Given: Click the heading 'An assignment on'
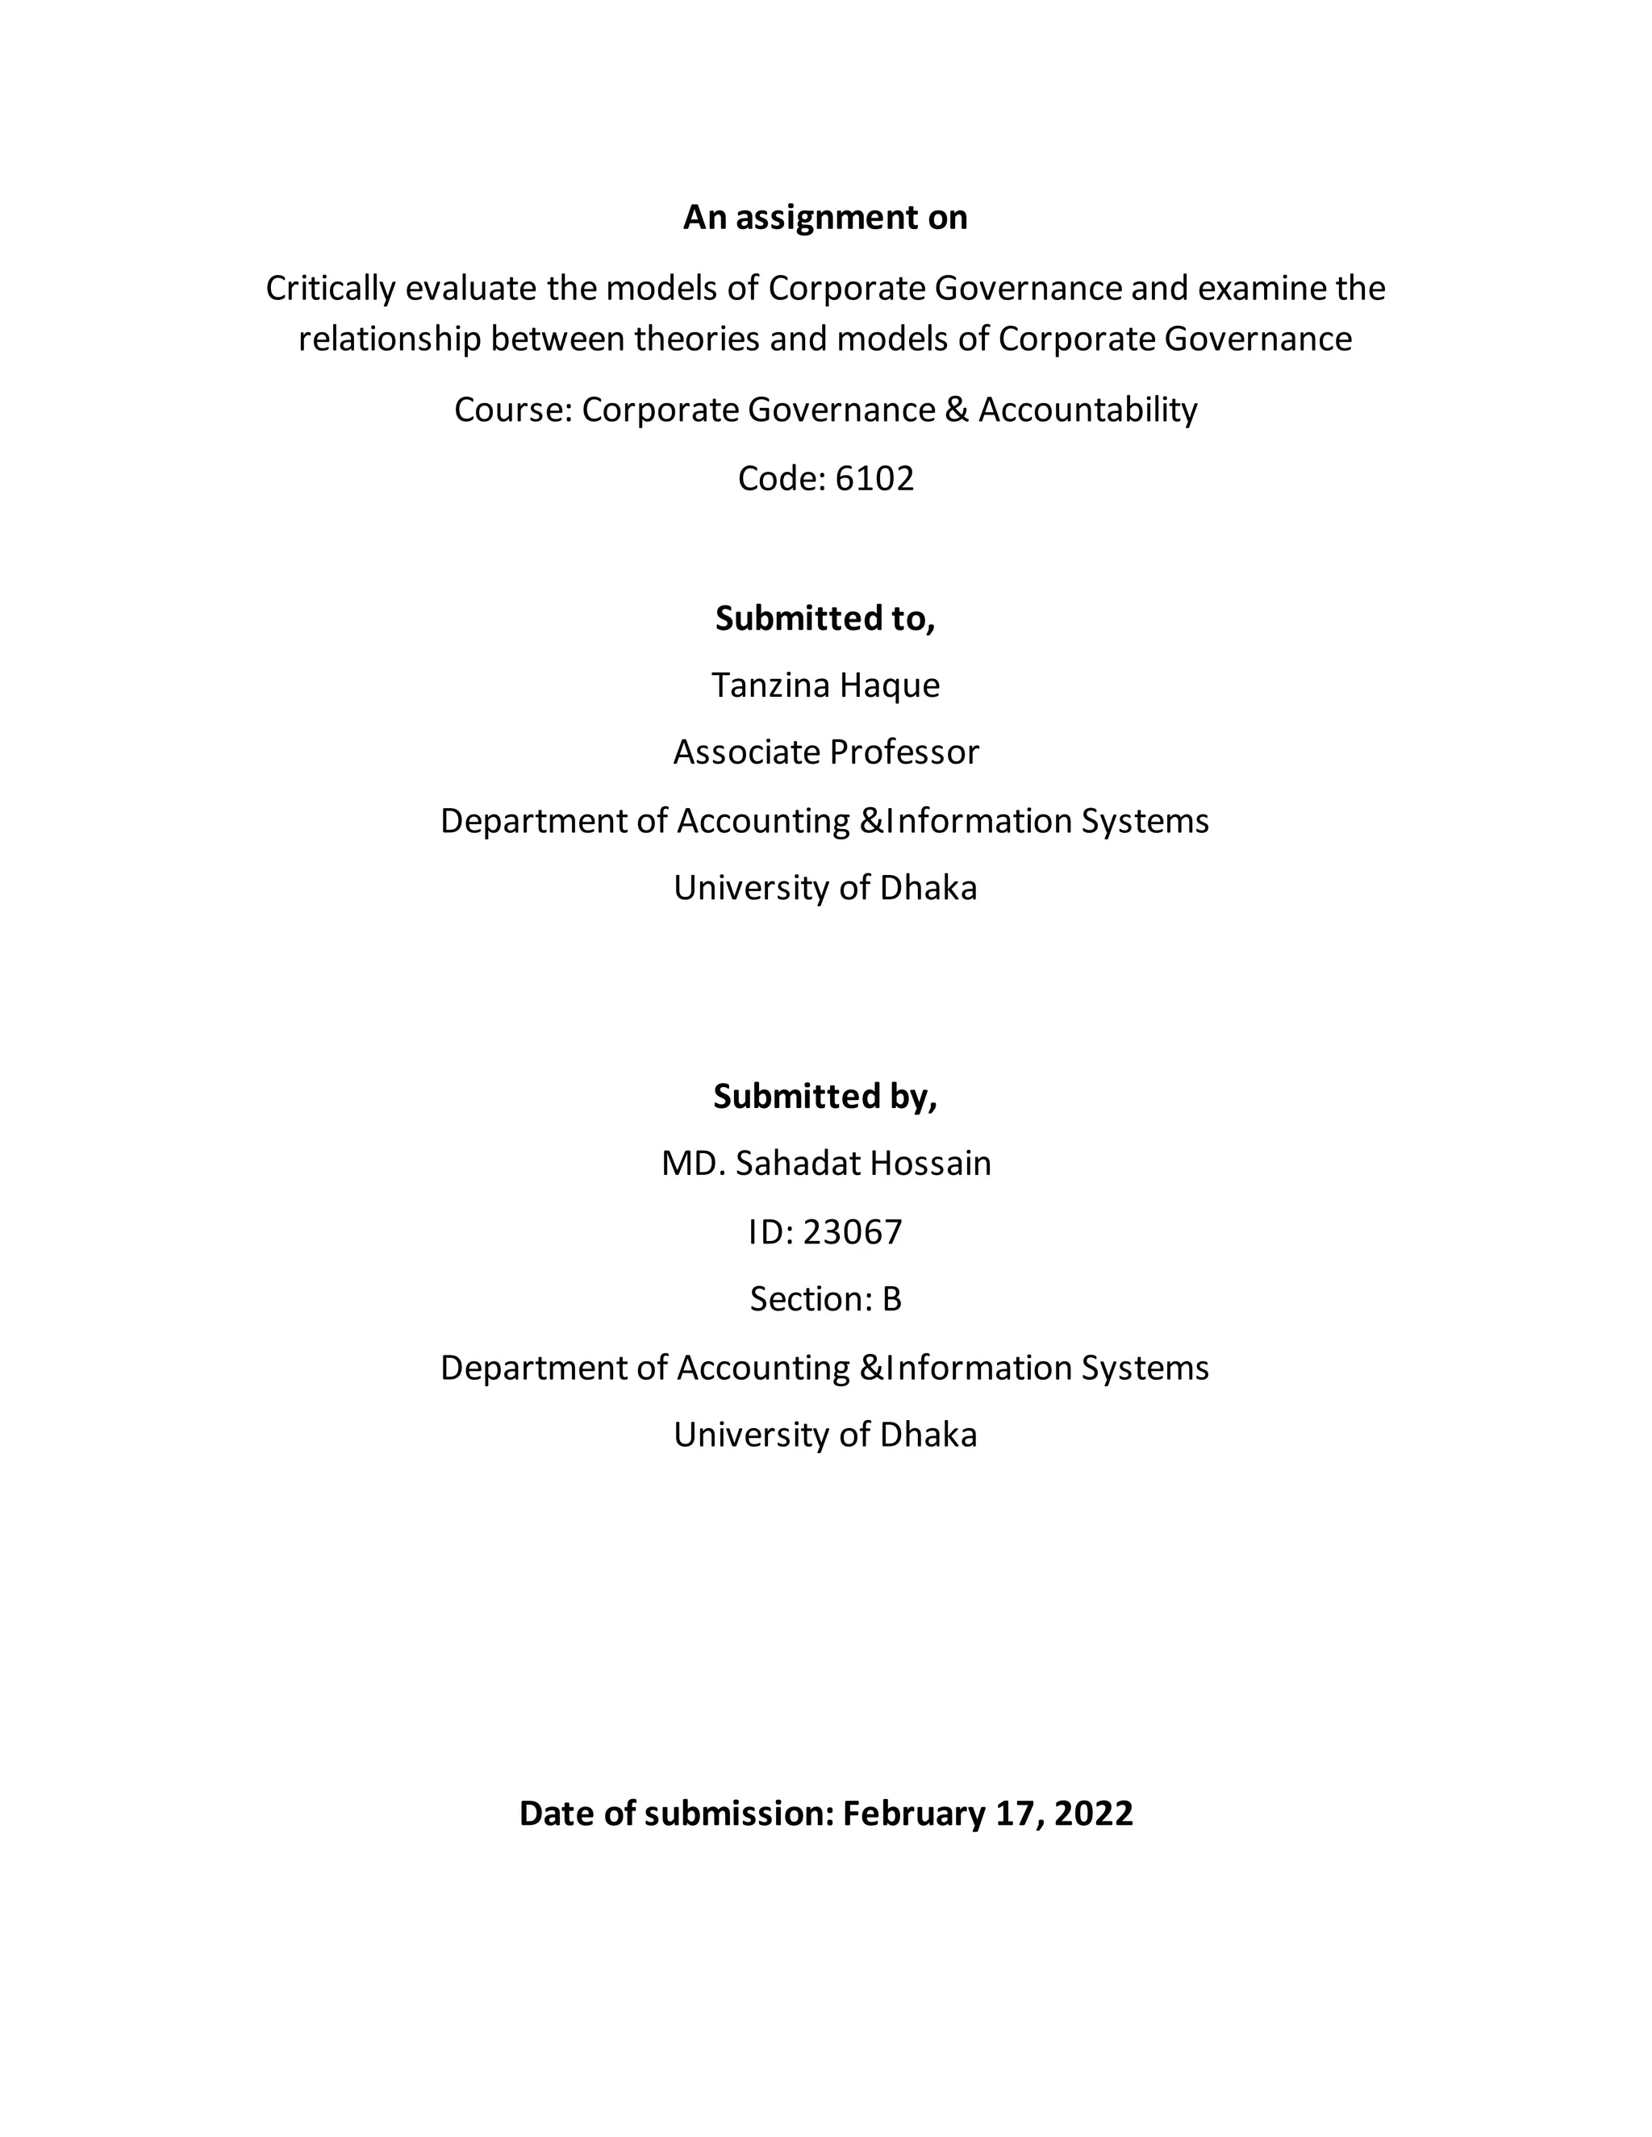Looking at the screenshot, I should tap(825, 217).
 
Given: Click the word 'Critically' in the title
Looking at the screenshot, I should tap(330, 289).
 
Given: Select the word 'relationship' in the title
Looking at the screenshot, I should tap(390, 339).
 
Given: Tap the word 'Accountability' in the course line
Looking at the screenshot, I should tap(1087, 409).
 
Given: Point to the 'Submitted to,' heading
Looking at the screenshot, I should tap(825, 619).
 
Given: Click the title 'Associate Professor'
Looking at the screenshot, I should tap(825, 752).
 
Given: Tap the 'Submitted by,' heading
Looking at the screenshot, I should tap(825, 1096).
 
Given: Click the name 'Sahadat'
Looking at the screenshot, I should tap(798, 1164).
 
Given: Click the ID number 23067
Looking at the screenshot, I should tap(852, 1232).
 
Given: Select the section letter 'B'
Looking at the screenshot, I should tap(891, 1298).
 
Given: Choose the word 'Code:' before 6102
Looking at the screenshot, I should tap(781, 478).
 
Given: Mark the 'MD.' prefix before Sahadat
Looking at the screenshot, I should tap(693, 1164).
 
